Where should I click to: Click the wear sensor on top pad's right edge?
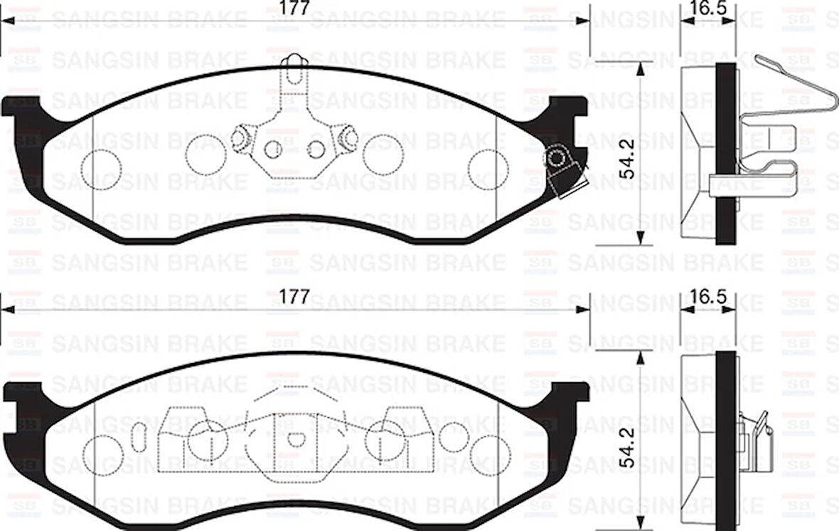pos(561,167)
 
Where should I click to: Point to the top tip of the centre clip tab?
pos(295,61)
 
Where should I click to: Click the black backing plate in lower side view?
pos(725,438)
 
